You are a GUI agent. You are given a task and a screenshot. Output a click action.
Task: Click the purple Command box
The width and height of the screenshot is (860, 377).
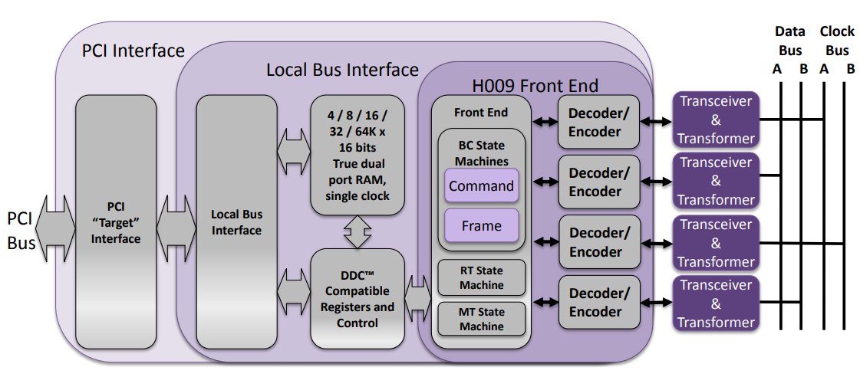click(481, 186)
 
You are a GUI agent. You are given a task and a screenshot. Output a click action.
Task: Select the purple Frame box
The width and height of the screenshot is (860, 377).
click(481, 226)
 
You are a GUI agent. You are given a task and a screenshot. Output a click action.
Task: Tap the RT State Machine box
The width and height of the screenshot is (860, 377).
click(481, 278)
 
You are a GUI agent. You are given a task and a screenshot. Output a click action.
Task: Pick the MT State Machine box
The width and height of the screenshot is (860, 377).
click(481, 320)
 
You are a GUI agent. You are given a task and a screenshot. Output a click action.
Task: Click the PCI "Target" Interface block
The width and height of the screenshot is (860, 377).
click(116, 222)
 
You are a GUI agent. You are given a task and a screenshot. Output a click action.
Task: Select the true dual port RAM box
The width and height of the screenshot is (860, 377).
click(357, 156)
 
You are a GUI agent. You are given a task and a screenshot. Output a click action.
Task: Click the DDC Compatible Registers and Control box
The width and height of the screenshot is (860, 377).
click(357, 299)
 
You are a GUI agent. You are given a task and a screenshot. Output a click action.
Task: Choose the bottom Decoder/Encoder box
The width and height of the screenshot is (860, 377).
click(598, 303)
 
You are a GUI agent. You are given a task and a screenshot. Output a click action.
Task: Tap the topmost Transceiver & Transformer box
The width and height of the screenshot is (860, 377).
click(715, 120)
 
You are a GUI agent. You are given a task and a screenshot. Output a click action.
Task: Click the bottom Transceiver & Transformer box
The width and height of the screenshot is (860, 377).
click(715, 303)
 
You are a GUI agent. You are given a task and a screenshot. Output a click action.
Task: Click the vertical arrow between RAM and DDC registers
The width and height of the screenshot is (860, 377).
click(357, 231)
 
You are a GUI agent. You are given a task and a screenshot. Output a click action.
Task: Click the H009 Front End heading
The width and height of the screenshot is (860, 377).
click(535, 85)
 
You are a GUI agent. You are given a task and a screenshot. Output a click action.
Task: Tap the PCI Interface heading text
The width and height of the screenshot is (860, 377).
click(133, 51)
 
